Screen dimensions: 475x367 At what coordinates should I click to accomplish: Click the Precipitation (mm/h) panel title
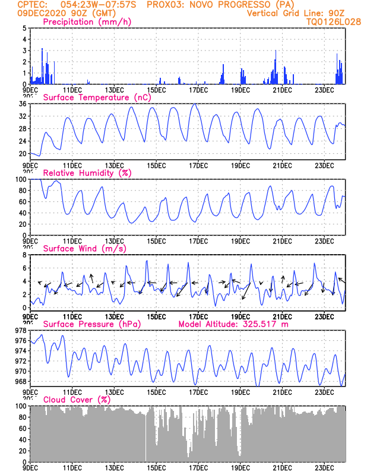coord(87,22)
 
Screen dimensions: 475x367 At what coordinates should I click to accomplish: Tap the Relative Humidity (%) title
coord(87,173)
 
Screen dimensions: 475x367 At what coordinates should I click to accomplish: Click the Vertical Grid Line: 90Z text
coord(295,13)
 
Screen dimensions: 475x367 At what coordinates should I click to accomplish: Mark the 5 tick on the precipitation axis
coord(24,28)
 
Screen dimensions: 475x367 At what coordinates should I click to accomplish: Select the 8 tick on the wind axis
coord(24,255)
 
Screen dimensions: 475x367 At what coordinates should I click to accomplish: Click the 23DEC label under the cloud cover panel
coord(324,467)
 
